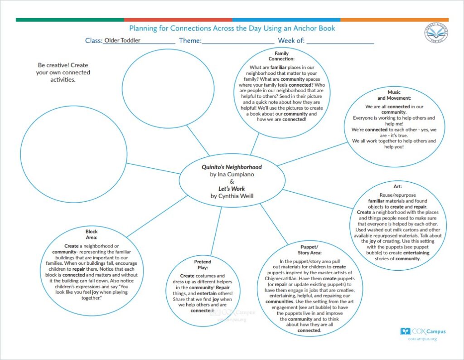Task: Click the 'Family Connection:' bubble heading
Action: (x=281, y=56)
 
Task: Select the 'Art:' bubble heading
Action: (x=398, y=186)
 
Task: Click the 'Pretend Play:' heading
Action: (x=203, y=265)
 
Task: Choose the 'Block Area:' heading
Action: (x=92, y=234)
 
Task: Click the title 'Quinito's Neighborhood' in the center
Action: (x=232, y=167)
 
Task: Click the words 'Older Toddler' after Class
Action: (x=122, y=40)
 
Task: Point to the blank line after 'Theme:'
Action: (x=237, y=41)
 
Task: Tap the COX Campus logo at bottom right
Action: (x=422, y=331)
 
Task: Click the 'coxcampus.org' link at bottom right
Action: (x=422, y=339)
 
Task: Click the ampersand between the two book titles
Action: (x=232, y=181)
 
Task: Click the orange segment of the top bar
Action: (x=394, y=20)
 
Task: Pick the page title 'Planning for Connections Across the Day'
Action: (x=232, y=29)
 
